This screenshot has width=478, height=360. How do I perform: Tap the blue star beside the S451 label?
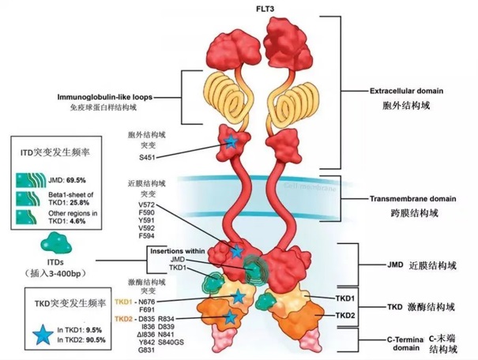[230, 142]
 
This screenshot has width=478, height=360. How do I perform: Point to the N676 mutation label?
[148, 303]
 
